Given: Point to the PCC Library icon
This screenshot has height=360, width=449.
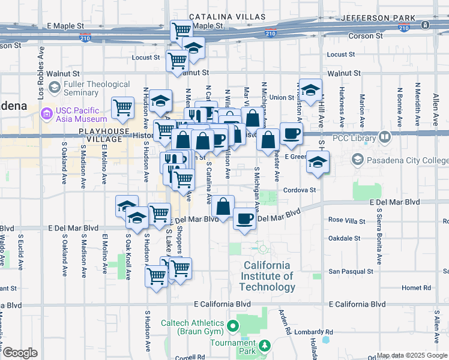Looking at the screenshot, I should point(385,137).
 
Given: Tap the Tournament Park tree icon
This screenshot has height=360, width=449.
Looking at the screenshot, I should point(264,346).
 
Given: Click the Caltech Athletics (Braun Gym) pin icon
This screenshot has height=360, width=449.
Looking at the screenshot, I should point(235,327).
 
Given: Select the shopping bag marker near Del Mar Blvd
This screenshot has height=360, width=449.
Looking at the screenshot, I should point(223,206).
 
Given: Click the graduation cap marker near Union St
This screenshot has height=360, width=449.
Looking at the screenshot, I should point(310,91).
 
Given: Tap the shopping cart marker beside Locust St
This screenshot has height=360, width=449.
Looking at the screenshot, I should point(177,61).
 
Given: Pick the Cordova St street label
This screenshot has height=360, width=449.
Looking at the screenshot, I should point(300,190).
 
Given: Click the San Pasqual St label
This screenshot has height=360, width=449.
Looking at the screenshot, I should point(350,271).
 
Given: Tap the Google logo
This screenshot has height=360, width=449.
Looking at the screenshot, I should point(20,353).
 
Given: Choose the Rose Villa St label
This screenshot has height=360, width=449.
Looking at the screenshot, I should point(348,220).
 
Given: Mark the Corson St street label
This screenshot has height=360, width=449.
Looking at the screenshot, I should point(366,36).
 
